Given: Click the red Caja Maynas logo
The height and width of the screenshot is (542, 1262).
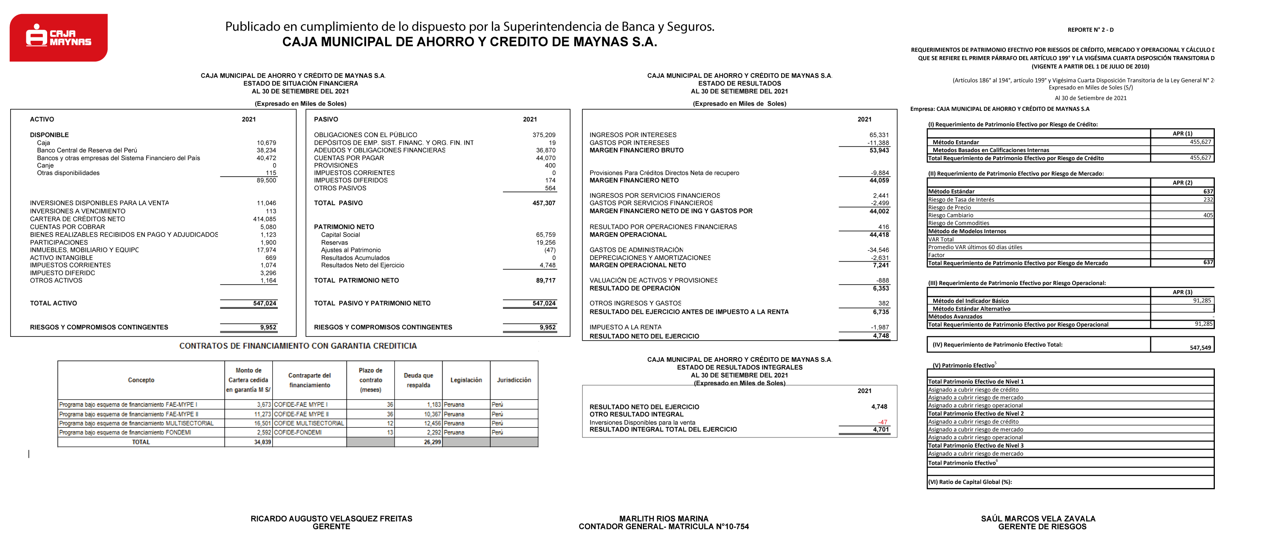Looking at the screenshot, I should [58, 37].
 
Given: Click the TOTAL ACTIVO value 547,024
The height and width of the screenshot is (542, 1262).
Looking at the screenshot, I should [265, 303].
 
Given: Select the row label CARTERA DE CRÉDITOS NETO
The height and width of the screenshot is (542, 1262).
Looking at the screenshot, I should [77, 219].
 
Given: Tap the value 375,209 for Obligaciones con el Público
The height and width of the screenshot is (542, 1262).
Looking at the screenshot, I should [544, 135].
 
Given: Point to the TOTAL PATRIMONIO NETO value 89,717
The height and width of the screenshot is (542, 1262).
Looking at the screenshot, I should [544, 280].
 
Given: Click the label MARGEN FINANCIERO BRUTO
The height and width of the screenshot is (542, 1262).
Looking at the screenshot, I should [636, 150].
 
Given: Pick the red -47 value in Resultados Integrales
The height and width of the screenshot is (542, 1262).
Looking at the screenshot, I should [882, 422].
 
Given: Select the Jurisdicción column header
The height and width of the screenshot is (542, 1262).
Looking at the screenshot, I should [514, 380].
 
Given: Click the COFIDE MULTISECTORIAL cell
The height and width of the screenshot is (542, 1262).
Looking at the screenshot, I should [309, 423].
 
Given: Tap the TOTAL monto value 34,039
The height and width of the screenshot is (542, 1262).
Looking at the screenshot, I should [263, 442].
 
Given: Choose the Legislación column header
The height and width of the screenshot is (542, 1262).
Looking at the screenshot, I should [466, 380].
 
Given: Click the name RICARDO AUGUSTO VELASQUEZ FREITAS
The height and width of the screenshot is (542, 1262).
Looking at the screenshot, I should [331, 519].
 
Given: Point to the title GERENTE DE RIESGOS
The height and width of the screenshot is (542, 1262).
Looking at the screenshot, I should [1042, 527].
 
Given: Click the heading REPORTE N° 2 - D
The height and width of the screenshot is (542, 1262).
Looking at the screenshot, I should [1090, 30].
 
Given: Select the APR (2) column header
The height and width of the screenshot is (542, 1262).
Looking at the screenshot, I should [1182, 182].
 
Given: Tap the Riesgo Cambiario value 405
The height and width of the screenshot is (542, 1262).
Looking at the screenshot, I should [1208, 215].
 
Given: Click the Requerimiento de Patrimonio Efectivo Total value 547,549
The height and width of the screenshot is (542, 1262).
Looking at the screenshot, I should [1200, 347].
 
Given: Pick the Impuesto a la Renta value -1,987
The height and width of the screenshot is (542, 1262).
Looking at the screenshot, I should [879, 327].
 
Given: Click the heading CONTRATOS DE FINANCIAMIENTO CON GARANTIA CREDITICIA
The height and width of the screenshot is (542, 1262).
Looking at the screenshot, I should [298, 346].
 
